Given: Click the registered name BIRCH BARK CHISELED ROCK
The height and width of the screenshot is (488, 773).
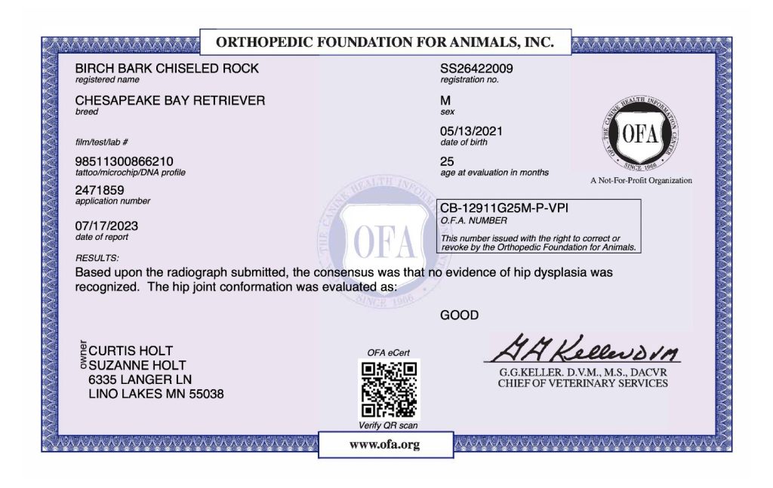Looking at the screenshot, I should coord(167,69).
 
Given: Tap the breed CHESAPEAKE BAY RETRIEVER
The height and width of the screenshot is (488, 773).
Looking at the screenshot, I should coord(170,100).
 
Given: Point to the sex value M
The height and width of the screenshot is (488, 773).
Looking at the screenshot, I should coord(445,100).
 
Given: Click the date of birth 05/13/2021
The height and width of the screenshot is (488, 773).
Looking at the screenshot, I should coord(471,131).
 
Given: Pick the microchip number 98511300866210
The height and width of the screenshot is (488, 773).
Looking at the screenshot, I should coord(124,161).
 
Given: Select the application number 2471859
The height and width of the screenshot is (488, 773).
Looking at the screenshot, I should coord(100,191).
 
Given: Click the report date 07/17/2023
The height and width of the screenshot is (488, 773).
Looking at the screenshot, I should coord(106,226).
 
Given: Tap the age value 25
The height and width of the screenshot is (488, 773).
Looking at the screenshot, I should coord(447,161).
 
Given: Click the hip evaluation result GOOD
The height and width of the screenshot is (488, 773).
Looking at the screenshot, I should coord(459,315).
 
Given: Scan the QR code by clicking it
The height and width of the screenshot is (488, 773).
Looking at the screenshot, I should coord(389,389).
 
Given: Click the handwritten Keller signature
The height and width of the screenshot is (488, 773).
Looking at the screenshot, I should coord(584,348).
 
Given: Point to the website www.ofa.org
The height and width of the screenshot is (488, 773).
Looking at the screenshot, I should coord(384,444).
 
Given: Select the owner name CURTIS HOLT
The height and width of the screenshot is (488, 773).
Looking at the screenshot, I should coord(131,351).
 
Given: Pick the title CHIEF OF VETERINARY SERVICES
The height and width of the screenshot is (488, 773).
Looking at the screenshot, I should coord(582,383).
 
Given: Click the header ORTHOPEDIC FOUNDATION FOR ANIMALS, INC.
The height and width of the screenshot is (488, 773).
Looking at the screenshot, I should coord(385,42).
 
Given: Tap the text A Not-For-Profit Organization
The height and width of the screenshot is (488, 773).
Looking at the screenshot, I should coord(641,181).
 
